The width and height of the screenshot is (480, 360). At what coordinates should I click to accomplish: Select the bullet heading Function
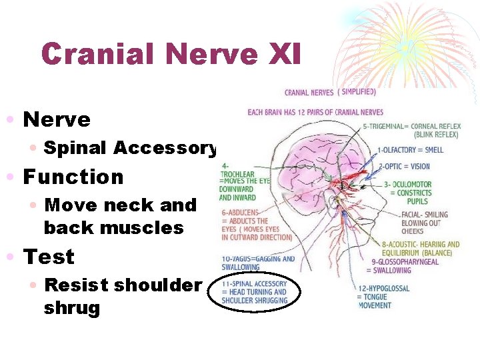pyautogui.click(x=73, y=177)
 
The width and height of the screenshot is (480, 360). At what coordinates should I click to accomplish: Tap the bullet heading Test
pyautogui.click(x=49, y=257)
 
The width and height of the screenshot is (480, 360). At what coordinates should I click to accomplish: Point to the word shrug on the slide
pyautogui.click(x=72, y=308)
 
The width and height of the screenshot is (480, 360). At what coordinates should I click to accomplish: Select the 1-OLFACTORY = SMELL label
pyautogui.click(x=410, y=150)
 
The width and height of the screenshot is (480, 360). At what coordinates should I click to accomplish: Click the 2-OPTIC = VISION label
pyautogui.click(x=404, y=167)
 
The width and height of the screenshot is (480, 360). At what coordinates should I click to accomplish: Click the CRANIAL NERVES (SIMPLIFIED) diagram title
pyautogui.click(x=330, y=92)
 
